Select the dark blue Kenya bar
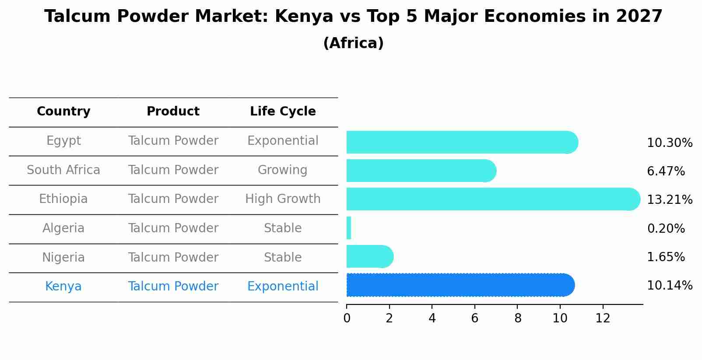[x=460, y=285]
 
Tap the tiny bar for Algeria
[x=349, y=228]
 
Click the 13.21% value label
[x=669, y=200]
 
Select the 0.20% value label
[x=666, y=228]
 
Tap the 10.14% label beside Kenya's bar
[x=669, y=286]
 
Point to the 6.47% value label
[x=666, y=171]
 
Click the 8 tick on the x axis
[x=518, y=318]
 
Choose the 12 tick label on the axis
[x=603, y=318]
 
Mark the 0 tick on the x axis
[x=347, y=318]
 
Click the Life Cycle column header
[x=283, y=112]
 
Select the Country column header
[x=63, y=112]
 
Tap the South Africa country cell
[x=63, y=170]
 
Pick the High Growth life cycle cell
[x=283, y=199]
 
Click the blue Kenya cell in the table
[x=63, y=287]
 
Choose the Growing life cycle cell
[x=283, y=170]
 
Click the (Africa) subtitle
[x=353, y=43]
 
